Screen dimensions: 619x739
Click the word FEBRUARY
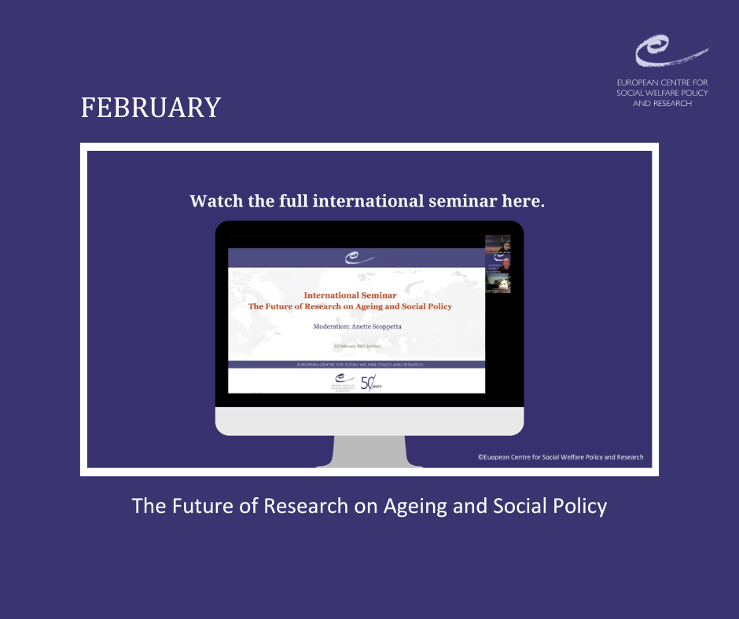(x=151, y=108)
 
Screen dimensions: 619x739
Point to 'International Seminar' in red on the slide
(x=350, y=295)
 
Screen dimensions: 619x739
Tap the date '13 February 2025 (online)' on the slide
(x=356, y=346)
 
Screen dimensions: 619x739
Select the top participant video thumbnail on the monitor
(x=498, y=244)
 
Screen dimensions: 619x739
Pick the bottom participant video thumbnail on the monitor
(x=498, y=284)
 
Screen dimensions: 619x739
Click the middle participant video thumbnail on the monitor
(x=498, y=264)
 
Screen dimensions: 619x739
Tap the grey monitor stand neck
(x=369, y=451)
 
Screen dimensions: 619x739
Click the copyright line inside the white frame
(x=561, y=457)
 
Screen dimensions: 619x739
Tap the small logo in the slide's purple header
(x=356, y=258)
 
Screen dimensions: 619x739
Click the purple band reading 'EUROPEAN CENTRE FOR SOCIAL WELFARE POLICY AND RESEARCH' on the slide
(x=356, y=364)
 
